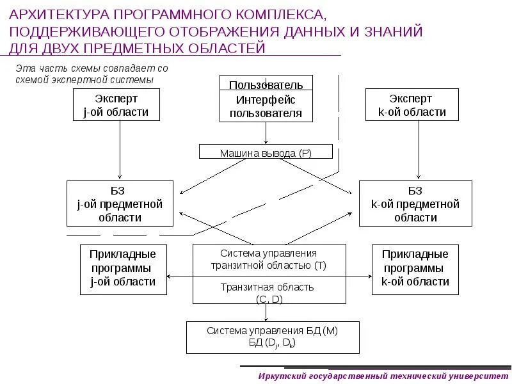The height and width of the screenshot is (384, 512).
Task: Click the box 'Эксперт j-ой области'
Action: [x=116, y=105]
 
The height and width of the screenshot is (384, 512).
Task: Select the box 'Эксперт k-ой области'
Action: [x=412, y=105]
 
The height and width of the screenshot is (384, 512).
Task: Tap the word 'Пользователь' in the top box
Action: [x=266, y=84]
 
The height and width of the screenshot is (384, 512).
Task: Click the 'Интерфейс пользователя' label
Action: [x=266, y=107]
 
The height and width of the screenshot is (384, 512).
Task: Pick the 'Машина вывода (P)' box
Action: [x=266, y=152]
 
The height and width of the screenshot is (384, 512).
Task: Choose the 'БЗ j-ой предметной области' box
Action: [x=120, y=204]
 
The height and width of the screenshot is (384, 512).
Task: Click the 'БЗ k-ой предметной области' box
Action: [x=415, y=204]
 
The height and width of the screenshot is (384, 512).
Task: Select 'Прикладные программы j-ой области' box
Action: [x=123, y=269]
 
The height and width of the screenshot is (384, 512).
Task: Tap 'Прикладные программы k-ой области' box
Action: [x=415, y=269]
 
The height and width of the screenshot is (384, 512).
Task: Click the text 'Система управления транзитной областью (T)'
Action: [x=269, y=259]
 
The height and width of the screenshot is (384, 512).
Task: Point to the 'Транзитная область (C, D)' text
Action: [x=269, y=292]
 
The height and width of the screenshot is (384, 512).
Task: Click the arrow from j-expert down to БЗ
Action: [x=120, y=150]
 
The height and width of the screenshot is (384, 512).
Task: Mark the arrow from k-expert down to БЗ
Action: [x=419, y=150]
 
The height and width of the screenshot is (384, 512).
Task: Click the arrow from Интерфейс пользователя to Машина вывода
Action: [x=266, y=133]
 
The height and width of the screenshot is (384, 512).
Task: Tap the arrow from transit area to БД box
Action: [x=266, y=312]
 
